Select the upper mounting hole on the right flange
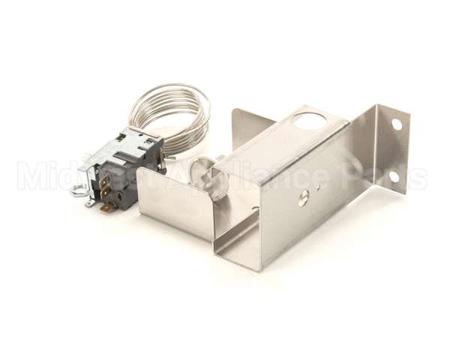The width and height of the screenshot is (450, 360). click(x=396, y=124)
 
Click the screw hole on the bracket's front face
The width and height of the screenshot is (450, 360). click(x=303, y=198)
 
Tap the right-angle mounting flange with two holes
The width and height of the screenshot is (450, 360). click(x=386, y=150)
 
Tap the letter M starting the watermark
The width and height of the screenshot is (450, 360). click(x=31, y=178)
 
